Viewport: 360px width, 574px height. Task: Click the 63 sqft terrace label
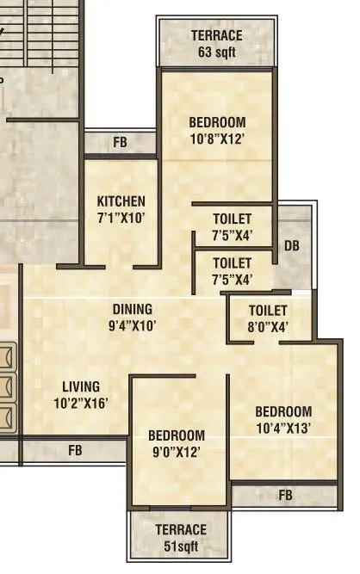coord(216,50)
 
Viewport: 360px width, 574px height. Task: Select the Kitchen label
coord(121,202)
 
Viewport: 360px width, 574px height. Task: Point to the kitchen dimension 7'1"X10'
coord(121,218)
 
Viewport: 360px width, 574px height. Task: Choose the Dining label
coord(132,309)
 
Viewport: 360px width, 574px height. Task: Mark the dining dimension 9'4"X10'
coord(132,325)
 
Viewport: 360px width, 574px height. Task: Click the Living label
coord(81,386)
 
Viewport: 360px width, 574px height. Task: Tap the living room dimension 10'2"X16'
coord(81,403)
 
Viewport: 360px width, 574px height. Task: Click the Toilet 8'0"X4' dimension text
coord(267,326)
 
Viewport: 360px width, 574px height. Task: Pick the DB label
coord(293,246)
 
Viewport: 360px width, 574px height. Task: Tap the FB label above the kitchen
coord(120,142)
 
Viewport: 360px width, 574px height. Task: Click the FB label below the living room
coord(76,449)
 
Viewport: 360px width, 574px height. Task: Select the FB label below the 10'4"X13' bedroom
coord(285,495)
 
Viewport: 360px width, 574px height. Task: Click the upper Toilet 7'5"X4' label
coord(232,226)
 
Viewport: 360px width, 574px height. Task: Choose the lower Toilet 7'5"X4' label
coord(232,270)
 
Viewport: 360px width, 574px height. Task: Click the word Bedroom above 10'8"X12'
coord(217,122)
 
